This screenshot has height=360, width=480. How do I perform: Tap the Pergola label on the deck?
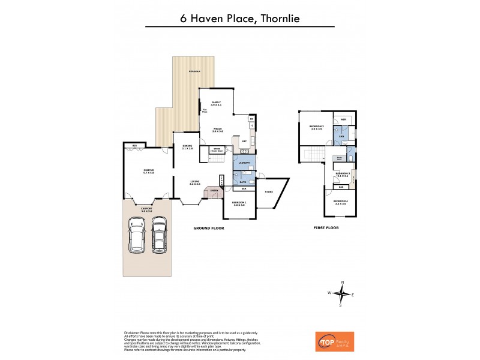click(192, 72)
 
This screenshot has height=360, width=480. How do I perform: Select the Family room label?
click(216, 103)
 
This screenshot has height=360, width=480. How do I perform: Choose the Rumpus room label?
click(140, 171)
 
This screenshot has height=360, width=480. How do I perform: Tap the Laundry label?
click(244, 163)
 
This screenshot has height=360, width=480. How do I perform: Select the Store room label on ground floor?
click(268, 191)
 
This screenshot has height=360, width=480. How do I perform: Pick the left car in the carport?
click(137, 234)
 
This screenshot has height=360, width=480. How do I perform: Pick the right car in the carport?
click(158, 234)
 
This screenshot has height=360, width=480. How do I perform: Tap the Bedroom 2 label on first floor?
click(316, 127)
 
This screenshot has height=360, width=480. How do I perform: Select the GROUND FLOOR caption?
click(208, 228)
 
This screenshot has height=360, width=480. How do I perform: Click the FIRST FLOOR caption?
click(326, 228)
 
